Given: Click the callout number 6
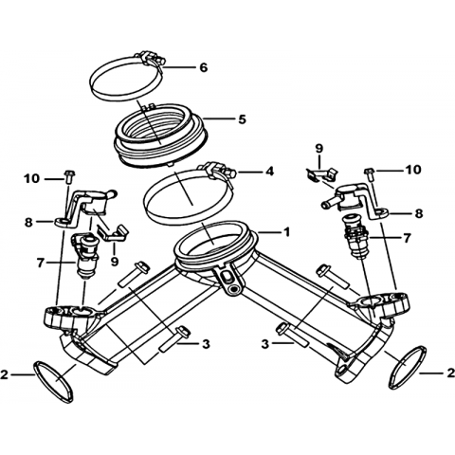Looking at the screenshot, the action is pyautogui.click(x=204, y=67).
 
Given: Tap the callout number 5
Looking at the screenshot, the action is pyautogui.click(x=242, y=119).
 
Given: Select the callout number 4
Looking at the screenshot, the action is pyautogui.click(x=269, y=172).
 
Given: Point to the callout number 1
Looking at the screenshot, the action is pyautogui.click(x=286, y=232).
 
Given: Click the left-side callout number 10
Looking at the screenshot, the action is pyautogui.click(x=31, y=179).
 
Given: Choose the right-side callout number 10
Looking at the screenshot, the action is pyautogui.click(x=412, y=170).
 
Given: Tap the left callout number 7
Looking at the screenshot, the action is pyautogui.click(x=40, y=263).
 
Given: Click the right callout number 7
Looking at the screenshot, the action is pyautogui.click(x=407, y=237).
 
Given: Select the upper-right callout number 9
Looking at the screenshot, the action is pyautogui.click(x=318, y=149).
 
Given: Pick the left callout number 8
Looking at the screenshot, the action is pyautogui.click(x=28, y=223).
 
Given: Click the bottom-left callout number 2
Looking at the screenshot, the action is pyautogui.click(x=5, y=374).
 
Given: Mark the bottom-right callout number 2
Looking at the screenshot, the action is pyautogui.click(x=450, y=373).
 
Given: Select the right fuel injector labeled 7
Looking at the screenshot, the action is pyautogui.click(x=356, y=236).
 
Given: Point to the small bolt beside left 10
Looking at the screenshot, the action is pyautogui.click(x=68, y=176).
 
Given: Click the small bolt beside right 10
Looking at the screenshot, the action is pyautogui.click(x=369, y=173).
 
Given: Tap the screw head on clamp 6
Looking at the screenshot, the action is pyautogui.click(x=161, y=60).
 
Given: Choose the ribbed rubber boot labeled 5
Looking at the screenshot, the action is pyautogui.click(x=161, y=135).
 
